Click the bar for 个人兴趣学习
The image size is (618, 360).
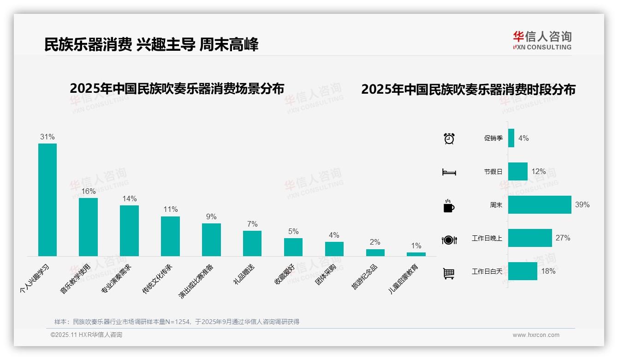tap(48, 199)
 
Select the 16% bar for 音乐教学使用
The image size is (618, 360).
tap(88, 227)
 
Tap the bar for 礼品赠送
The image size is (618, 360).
tap(252, 243)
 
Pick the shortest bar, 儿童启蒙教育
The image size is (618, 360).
tap(416, 254)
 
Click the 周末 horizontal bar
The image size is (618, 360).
tap(540, 204)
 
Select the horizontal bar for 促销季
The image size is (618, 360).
tap(511, 138)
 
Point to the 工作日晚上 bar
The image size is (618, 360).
tap(530, 238)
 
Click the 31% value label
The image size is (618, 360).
tap(48, 137)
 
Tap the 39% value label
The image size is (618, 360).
tap(582, 204)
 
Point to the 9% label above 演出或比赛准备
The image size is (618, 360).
tap(211, 216)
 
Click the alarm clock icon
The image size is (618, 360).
tap(449, 138)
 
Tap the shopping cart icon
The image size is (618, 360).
tap(449, 273)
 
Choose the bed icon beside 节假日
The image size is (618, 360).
tap(449, 172)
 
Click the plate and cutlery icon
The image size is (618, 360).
tap(449, 240)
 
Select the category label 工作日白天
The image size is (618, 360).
tap(487, 271)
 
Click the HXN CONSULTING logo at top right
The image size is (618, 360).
tap(542, 41)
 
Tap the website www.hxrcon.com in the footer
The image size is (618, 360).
tap(536, 335)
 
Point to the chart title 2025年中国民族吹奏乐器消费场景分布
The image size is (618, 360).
tap(177, 88)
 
